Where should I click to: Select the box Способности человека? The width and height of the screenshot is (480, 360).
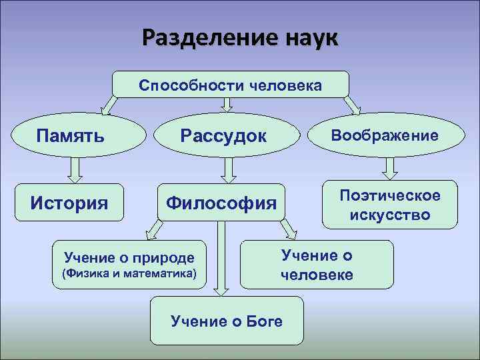[x=230, y=85]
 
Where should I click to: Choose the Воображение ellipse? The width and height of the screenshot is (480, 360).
[x=385, y=136]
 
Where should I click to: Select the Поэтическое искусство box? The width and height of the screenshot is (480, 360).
[x=390, y=205]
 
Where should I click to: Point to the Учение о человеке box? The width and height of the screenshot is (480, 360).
[x=317, y=265]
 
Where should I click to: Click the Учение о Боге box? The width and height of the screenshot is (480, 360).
[x=227, y=321]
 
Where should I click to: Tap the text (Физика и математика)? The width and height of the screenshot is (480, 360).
[x=129, y=273]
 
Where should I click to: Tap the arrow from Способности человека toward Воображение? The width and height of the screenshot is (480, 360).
[x=351, y=104]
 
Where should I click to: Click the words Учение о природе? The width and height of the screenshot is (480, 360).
[x=129, y=257]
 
